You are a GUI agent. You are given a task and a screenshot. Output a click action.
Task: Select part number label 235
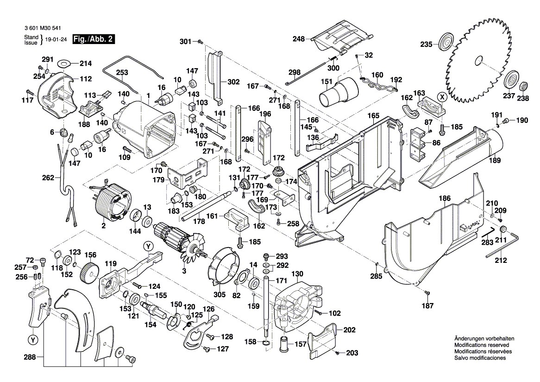[x=426, y=45]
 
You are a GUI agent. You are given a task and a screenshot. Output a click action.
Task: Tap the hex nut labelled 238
[x=523, y=86]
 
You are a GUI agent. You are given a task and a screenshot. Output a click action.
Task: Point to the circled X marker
[x=443, y=96]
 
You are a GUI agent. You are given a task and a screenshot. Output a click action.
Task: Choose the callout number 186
[x=445, y=198]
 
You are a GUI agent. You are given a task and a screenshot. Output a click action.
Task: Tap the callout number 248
[x=299, y=39]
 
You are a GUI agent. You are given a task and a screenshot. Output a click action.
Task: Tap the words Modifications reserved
[x=482, y=345]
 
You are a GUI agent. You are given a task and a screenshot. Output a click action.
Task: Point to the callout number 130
[x=297, y=274]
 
